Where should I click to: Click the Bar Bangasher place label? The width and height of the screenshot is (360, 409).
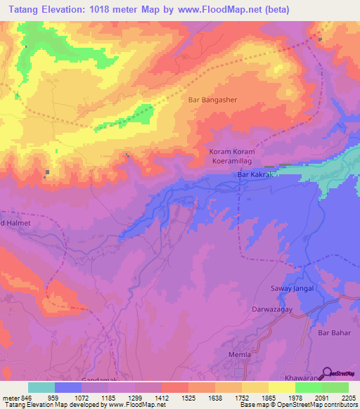[213, 100]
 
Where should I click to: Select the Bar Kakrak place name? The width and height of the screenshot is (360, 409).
[254, 174]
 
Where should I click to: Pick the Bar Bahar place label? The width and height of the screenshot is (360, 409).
[334, 332]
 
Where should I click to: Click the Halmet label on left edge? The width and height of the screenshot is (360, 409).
[17, 223]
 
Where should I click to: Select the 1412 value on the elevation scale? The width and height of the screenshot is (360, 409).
[161, 396]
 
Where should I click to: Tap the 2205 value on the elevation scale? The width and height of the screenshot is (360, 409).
[349, 396]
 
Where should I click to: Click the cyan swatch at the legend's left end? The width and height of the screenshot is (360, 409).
[41, 387]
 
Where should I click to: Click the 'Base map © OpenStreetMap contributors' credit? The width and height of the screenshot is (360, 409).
[297, 405]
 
